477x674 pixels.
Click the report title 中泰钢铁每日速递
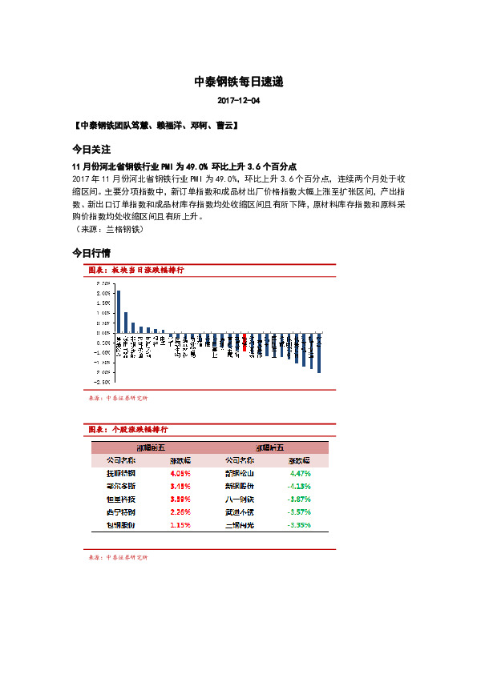(238, 82)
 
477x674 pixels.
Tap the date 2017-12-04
(238, 102)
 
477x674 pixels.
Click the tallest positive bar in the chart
(119, 311)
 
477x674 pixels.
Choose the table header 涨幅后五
(269, 448)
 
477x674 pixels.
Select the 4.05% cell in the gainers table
(180, 473)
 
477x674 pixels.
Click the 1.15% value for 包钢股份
(180, 524)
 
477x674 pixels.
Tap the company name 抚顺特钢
(121, 473)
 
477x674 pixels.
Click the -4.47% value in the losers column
(299, 473)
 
